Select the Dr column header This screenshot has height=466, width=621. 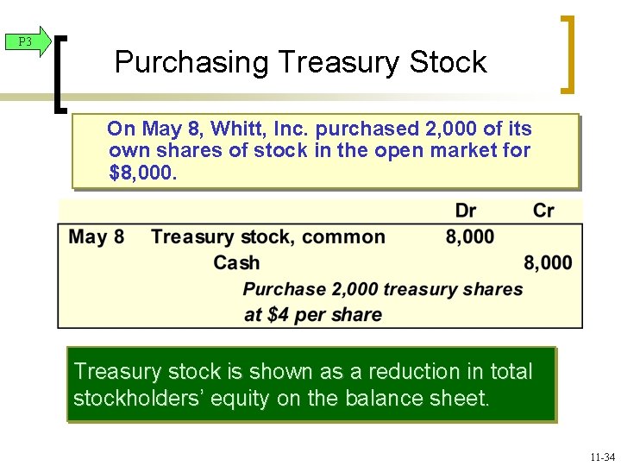pos(465,211)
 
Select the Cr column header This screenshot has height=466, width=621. pos(543,211)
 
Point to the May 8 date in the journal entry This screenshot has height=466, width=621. pos(96,236)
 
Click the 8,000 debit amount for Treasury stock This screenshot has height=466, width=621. pos(470,236)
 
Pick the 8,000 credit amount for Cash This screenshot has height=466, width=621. pos(548,262)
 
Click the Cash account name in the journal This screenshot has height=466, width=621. pos(236,262)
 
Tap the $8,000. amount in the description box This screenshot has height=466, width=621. pos(142,173)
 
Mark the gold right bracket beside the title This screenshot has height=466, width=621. pos(568,54)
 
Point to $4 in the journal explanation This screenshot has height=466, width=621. pos(278,314)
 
